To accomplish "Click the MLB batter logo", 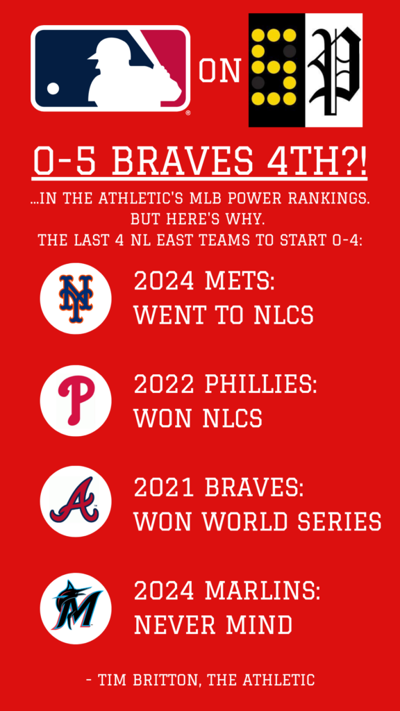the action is (110, 68).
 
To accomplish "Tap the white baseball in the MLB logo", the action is (53, 88).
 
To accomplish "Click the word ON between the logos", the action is (219, 72).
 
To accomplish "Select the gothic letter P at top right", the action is (334, 70).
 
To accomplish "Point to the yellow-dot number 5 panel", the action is (276, 70).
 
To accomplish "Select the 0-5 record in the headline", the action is (67, 162).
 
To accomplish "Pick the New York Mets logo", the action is (76, 299).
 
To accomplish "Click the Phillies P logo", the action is (76, 401).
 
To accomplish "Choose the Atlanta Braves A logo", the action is (76, 501).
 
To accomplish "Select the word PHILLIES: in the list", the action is (261, 385).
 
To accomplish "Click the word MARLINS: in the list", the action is (262, 591).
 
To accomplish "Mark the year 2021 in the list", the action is (165, 488).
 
